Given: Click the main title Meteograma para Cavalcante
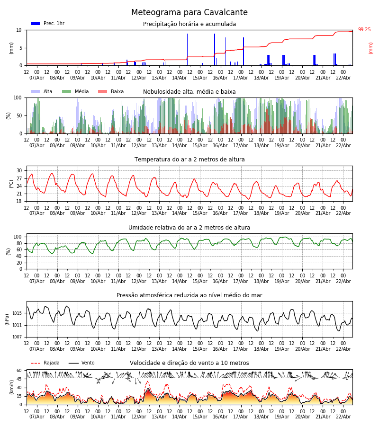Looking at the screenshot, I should point(189,13).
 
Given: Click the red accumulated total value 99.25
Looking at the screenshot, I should point(364,30).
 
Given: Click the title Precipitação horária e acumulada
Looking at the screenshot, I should point(189,24).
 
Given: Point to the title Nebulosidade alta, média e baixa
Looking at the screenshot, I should point(189,92).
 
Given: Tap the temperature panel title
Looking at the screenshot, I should point(189,160).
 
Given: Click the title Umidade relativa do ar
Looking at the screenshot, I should point(189,228).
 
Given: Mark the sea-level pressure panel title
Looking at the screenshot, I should point(189,295).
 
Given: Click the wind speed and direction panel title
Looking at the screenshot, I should point(189,363).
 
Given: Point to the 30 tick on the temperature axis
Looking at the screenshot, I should point(19,171).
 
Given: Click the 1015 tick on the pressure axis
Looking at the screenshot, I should point(17,313).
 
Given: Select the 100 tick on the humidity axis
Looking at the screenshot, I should point(18,237).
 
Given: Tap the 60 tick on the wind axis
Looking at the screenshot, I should point(19,371).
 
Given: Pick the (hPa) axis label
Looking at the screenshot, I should point(8,319).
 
